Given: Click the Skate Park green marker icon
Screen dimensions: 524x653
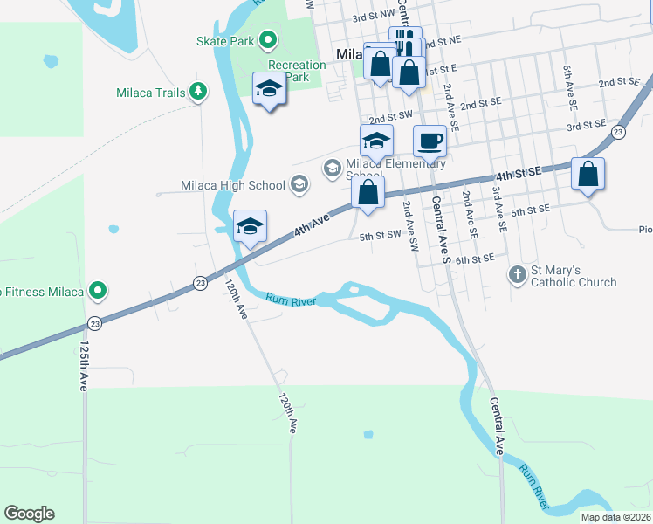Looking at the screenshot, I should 269,40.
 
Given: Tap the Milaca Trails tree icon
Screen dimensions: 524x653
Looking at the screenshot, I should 198,91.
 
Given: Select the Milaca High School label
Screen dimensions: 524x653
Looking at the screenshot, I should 233,185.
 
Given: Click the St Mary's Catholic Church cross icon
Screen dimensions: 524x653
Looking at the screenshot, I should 517,275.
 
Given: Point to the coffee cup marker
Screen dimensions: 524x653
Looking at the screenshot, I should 429,141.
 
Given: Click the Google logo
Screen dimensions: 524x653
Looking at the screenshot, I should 29,514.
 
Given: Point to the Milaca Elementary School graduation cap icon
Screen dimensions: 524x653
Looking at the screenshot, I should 332,167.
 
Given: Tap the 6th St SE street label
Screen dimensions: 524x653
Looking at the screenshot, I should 475,259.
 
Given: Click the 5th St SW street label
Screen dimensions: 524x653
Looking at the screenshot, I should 380,235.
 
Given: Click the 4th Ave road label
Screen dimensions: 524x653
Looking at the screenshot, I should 312,224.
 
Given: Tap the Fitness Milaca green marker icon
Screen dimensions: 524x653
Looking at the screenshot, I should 99,291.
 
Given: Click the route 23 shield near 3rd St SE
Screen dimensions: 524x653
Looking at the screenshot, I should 618,132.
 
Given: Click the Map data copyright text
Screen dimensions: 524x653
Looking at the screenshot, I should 615,517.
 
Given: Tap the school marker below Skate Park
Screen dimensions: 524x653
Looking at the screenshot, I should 270,89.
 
